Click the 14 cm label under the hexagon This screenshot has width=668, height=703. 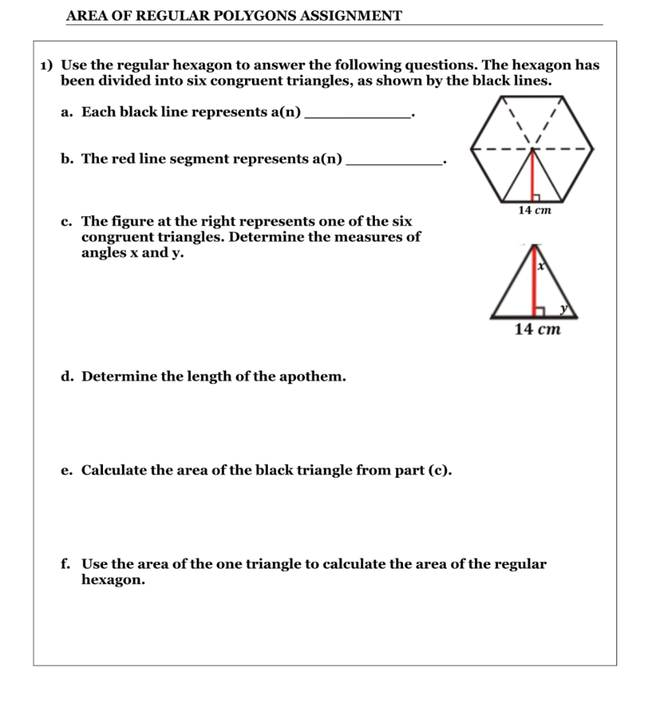coord(534,211)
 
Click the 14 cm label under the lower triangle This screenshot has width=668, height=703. coord(538,330)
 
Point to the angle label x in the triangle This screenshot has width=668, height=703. coord(541,266)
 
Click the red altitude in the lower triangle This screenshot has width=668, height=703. coord(533,281)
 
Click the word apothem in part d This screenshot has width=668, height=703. coord(312,377)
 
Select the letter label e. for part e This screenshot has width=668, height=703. coord(67,471)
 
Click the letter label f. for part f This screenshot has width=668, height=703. coord(66,564)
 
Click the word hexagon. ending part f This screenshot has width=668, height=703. coord(113,580)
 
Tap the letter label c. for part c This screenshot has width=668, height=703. coord(67,222)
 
